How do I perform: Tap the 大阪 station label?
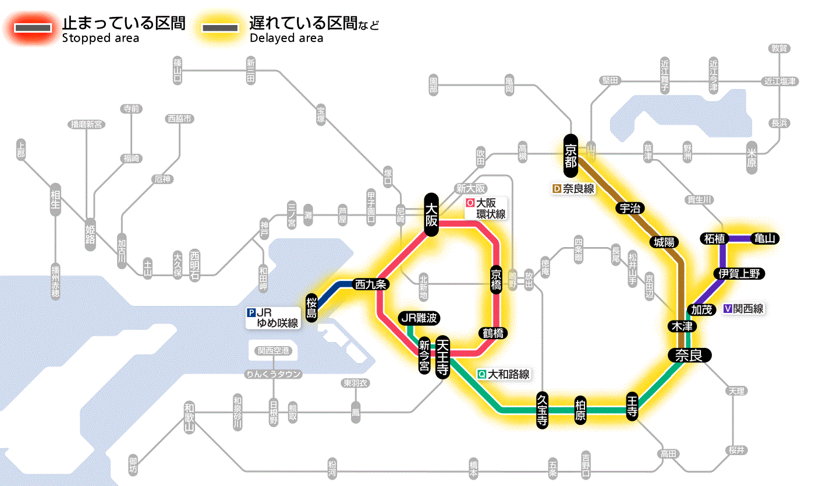[431, 214]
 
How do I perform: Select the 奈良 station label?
[689, 355]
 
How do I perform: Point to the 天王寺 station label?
[442, 357]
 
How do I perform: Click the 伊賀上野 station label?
[739, 273]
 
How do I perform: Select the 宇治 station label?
[629, 208]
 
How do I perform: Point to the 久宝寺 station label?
[542, 410]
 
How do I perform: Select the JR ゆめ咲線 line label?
[274, 317]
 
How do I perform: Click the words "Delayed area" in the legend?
[286, 38]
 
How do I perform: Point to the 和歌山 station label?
[189, 417]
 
